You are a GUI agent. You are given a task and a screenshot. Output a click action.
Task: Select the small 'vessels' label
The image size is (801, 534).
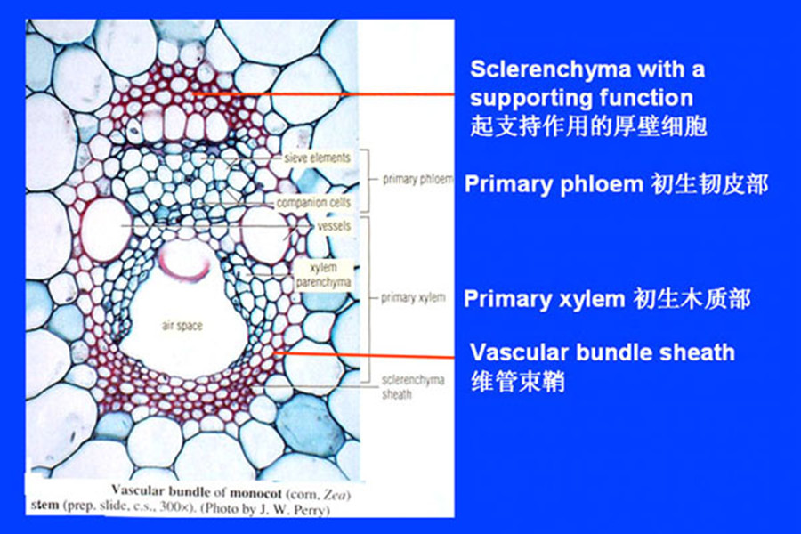[x=333, y=226]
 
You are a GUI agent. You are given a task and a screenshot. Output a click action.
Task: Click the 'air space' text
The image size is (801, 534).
[x=182, y=326]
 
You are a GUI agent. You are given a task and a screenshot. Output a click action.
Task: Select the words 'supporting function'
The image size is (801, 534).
[x=582, y=96]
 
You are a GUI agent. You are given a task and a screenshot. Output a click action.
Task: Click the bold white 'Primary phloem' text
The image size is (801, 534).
[x=553, y=184]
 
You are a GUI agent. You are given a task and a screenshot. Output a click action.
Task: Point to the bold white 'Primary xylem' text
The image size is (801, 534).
[x=544, y=299]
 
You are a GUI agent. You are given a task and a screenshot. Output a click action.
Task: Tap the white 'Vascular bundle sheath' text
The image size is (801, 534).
[x=602, y=352]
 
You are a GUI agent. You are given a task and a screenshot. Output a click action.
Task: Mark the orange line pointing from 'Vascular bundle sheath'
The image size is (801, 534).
[x=374, y=354]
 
